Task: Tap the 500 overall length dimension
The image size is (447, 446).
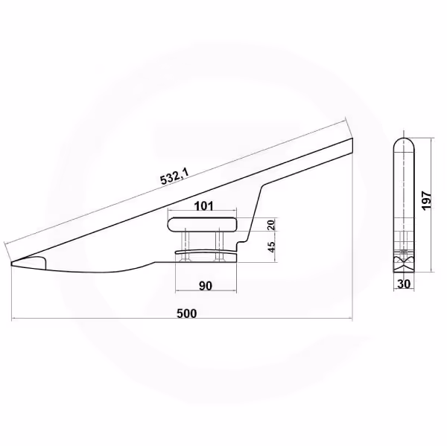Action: (187, 313)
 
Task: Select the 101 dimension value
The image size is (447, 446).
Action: (203, 206)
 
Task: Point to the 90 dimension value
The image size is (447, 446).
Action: (206, 286)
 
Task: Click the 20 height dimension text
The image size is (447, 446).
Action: (271, 225)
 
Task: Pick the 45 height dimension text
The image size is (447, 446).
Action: (272, 246)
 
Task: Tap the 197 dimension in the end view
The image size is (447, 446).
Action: (426, 200)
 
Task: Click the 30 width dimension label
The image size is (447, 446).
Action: (404, 284)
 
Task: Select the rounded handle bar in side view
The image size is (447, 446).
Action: (203, 224)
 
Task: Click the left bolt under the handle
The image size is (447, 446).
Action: (186, 246)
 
